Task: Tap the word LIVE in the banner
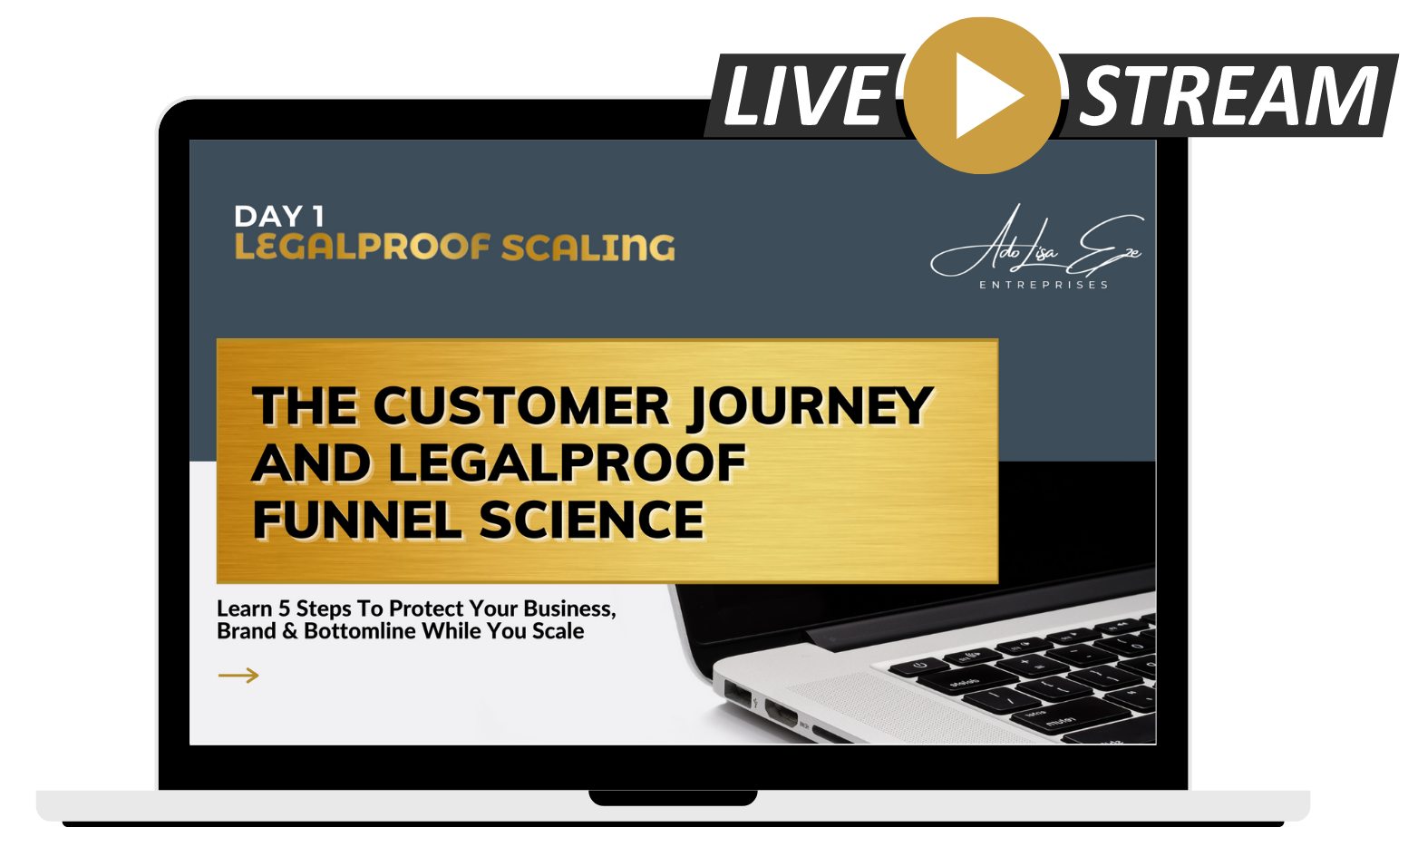coord(805,96)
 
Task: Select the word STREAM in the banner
coord(1229,96)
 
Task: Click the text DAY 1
coord(279,217)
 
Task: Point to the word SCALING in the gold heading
coord(588,248)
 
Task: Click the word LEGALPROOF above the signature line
coord(363,247)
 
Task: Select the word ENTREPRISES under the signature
coord(1044,285)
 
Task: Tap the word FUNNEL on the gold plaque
coord(357,520)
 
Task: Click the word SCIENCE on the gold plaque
coord(591,520)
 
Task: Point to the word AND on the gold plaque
coord(311,462)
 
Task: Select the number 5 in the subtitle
coord(284,609)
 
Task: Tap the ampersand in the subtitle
coord(290,631)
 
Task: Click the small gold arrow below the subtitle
coord(238,676)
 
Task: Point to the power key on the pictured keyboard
coord(918,666)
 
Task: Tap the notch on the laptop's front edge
coord(673,798)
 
